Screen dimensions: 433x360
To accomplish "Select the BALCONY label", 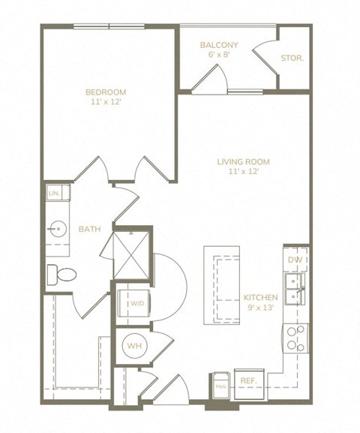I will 219,46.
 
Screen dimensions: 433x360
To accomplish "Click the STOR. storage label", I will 292,58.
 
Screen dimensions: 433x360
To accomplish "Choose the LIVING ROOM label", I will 243,161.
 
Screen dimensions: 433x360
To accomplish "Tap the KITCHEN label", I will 261,297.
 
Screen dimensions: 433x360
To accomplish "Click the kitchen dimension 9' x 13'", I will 261,308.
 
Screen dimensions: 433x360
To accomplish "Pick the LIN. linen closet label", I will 54,194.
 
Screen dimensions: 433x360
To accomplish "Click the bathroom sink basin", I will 56,227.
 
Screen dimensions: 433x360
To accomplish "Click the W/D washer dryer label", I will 136,305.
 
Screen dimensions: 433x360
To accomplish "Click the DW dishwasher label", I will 295,259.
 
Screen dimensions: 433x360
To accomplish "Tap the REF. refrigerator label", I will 248,381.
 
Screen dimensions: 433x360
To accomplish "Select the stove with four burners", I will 295,338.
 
